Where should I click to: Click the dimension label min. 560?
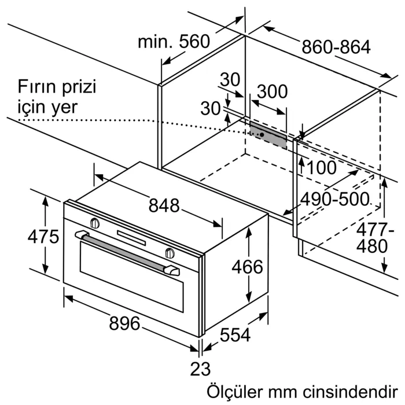click(173, 42)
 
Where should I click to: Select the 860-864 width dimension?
click(336, 47)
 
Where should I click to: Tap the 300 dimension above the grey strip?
click(272, 91)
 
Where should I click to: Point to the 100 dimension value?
click(321, 168)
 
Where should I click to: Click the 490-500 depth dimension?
click(334, 200)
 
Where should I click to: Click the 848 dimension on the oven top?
click(164, 205)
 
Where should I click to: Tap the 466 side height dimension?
click(247, 267)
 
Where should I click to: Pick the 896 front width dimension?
click(124, 323)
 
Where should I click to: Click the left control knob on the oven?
click(95, 222)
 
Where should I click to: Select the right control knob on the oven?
click(170, 253)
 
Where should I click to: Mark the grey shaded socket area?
click(268, 134)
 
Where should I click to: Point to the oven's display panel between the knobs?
click(132, 237)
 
